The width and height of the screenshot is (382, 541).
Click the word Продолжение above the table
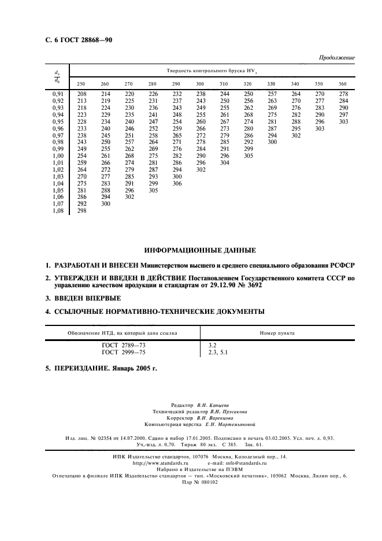click(x=336, y=58)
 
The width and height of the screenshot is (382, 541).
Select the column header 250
click(x=81, y=84)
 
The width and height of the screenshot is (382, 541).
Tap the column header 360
click(x=343, y=84)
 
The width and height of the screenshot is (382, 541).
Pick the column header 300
click(x=201, y=84)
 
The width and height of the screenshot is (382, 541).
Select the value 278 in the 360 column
click(x=343, y=94)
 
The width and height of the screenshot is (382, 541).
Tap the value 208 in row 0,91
click(x=81, y=94)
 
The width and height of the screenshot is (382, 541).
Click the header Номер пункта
click(x=277, y=334)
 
